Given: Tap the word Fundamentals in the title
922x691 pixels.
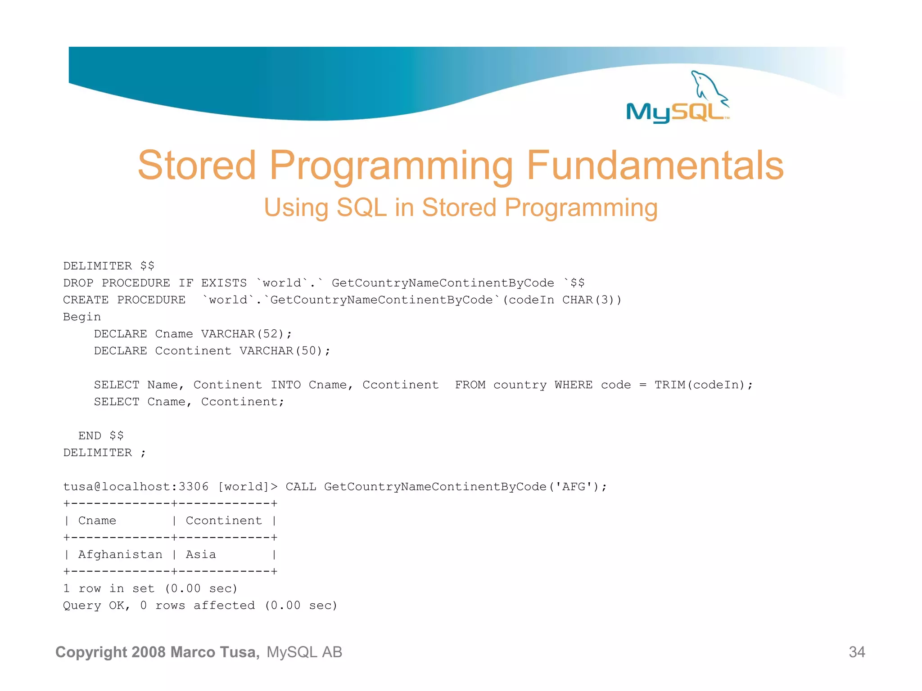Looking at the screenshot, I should pos(655,165).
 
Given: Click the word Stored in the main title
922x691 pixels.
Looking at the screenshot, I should pos(197,165).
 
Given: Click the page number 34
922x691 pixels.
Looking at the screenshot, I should pos(857,652).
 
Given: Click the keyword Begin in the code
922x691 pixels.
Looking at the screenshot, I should pos(82,317).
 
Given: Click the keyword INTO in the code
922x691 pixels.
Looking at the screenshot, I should pos(285,385).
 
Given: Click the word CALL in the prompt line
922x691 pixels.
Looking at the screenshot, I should pos(301,487).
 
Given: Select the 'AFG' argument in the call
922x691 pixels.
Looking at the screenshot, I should pos(574,487).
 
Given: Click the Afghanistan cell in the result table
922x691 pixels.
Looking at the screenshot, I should pos(120,555).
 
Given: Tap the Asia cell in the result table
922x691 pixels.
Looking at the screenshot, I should pos(201,555).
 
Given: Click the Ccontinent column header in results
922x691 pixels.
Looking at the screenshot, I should pos(224,521).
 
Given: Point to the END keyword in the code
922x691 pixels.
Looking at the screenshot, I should pos(90,436).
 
